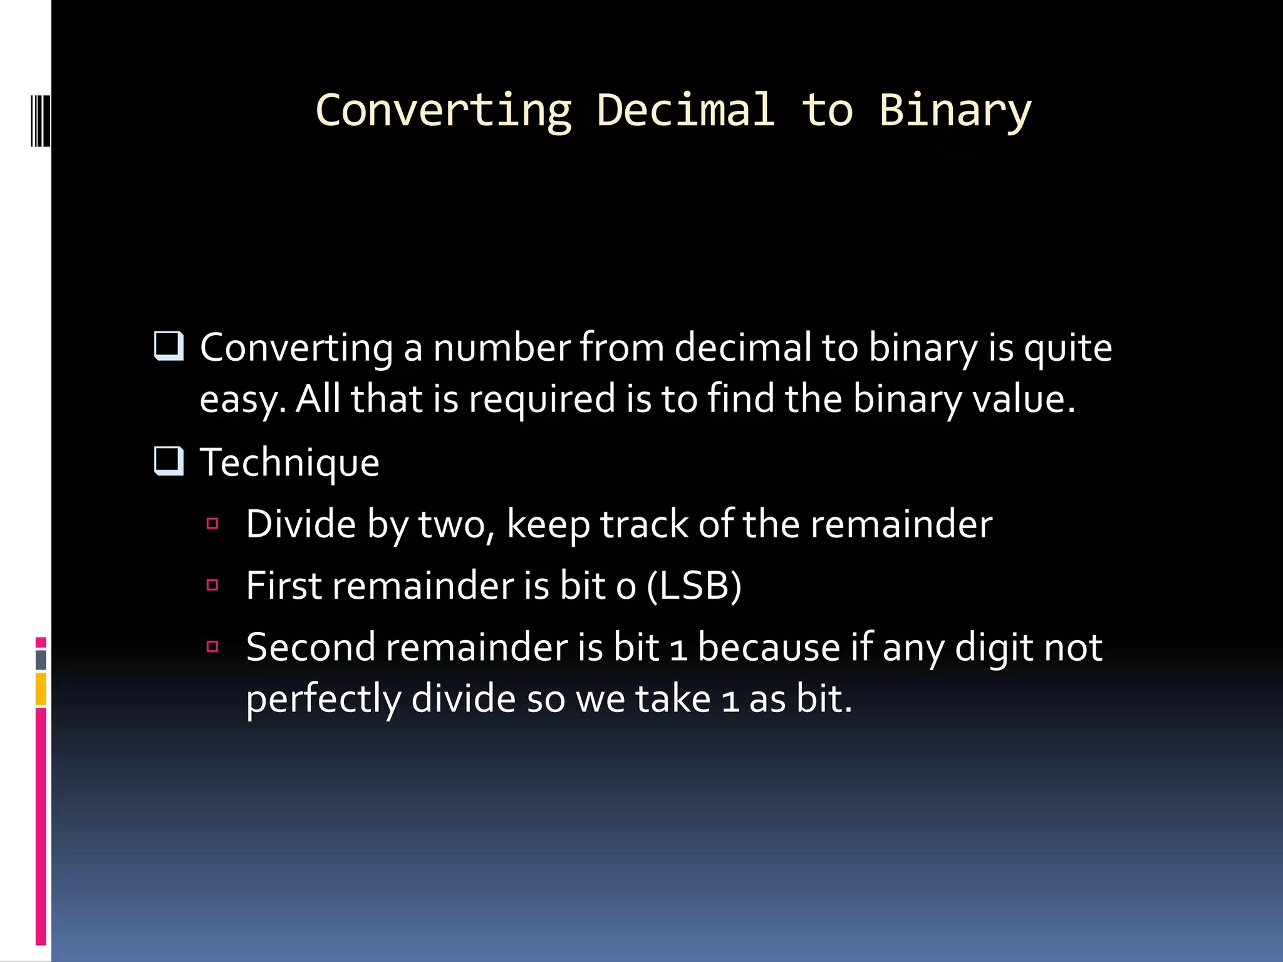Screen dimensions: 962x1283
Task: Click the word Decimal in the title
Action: coord(685,110)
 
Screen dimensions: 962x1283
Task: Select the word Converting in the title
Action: coord(444,110)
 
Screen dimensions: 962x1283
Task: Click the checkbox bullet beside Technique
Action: coord(169,462)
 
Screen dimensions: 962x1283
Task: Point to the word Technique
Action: coord(289,463)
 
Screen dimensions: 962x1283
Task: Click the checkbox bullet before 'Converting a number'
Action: coord(169,346)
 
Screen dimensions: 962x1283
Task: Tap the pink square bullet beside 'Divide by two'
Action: coord(212,524)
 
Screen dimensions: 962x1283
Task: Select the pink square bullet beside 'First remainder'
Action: coord(212,585)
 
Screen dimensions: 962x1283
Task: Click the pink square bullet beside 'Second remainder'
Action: coord(212,646)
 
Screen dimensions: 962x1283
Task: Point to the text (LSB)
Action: coord(693,586)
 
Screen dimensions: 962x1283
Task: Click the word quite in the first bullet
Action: coord(1067,348)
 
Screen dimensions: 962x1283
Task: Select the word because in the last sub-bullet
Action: coord(768,647)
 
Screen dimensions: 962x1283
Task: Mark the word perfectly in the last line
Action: coord(323,700)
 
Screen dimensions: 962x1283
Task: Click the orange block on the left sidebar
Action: coord(41,689)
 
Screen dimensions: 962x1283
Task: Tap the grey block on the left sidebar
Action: coord(41,659)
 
